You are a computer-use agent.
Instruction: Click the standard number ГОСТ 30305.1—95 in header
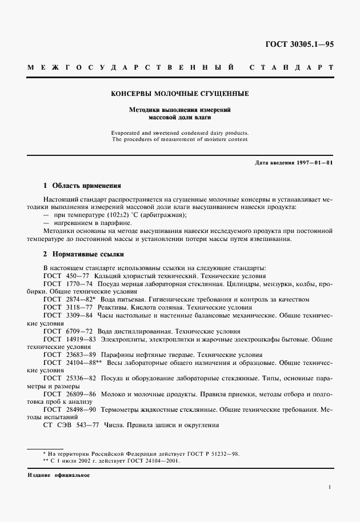299,44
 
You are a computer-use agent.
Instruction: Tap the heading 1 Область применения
82,186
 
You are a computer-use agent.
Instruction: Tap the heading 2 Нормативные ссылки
83,254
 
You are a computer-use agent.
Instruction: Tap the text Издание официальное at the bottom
58,475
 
